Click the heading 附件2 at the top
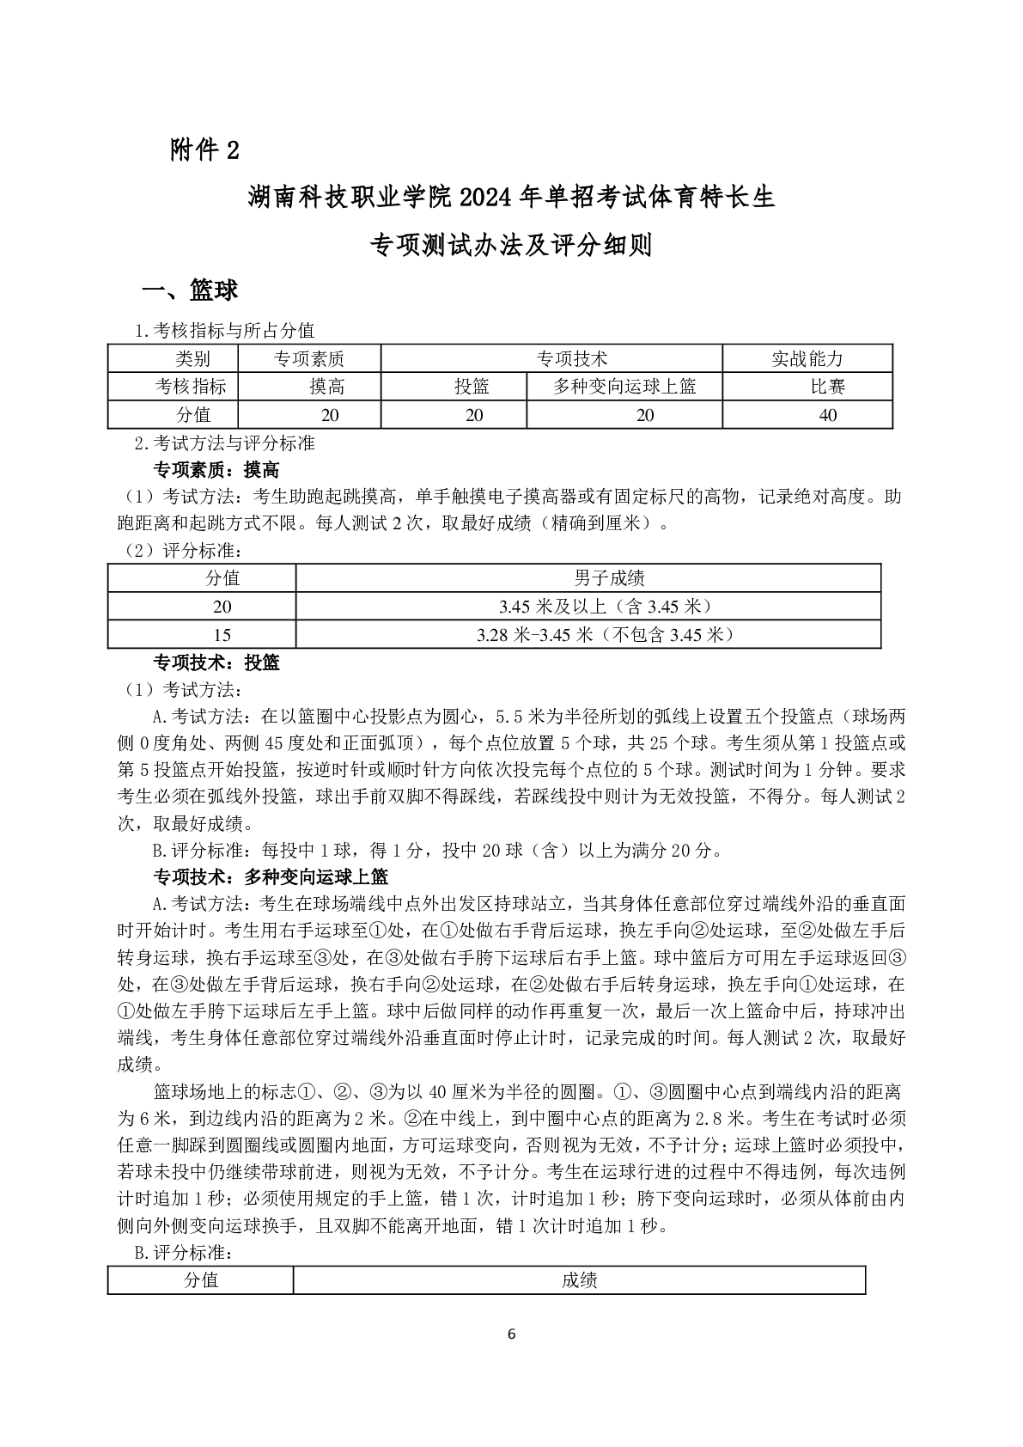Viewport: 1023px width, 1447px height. (204, 150)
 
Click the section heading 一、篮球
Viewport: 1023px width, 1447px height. (190, 290)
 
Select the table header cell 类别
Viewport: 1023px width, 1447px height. (192, 359)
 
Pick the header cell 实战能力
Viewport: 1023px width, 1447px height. (807, 359)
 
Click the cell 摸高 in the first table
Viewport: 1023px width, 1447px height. (327, 387)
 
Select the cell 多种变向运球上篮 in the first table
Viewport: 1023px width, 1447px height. (624, 387)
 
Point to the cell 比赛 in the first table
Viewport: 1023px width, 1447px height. (828, 387)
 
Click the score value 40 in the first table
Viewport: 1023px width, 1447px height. (828, 415)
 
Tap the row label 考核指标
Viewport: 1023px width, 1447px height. (191, 387)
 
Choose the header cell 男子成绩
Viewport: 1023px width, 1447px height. (609, 577)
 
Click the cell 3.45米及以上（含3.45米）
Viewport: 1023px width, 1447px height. (606, 607)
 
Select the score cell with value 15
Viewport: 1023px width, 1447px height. (222, 635)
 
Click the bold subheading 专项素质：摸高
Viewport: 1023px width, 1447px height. (216, 470)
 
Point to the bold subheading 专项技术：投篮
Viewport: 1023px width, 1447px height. (216, 662)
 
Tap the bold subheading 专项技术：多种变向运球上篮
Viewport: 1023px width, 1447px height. (270, 876)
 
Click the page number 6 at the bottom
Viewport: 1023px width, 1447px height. (512, 1334)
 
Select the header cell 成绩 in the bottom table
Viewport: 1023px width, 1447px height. (579, 1280)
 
